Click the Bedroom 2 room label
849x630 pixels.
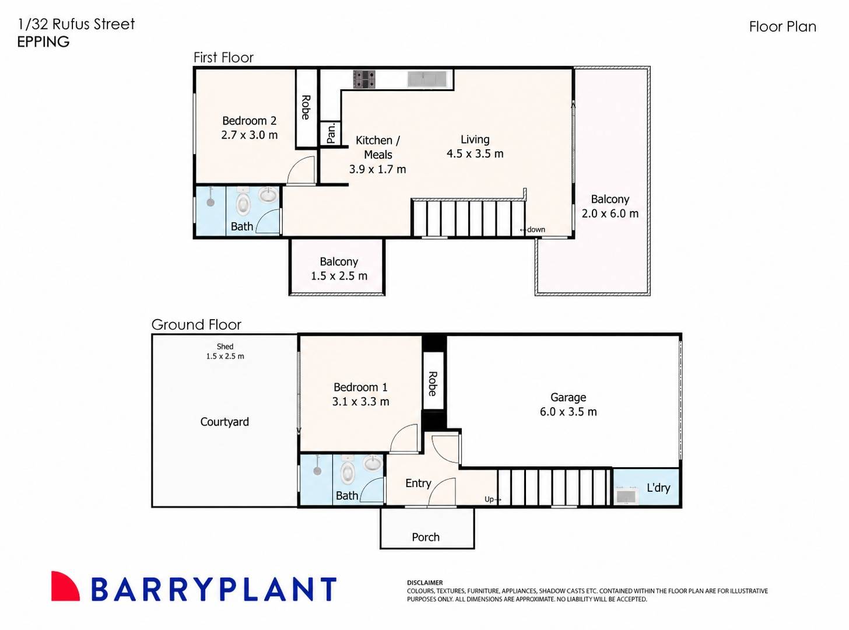(249, 121)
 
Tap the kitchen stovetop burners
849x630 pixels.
(364, 79)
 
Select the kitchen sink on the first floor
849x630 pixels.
(427, 79)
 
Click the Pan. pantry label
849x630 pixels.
(331, 133)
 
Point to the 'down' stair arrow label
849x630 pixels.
(532, 229)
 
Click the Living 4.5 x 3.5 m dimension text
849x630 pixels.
(475, 153)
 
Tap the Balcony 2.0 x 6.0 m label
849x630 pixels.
(610, 206)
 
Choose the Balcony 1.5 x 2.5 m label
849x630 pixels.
(339, 268)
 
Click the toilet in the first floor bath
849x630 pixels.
(243, 201)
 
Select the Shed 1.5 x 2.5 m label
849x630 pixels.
(225, 351)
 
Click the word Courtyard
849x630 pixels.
(224, 422)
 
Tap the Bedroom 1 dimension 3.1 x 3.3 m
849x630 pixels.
(360, 401)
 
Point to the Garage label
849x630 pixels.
(569, 397)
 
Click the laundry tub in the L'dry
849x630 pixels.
(626, 496)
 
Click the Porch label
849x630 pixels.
(426, 537)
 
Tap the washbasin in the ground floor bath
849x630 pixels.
(373, 463)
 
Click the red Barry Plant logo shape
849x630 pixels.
(65, 586)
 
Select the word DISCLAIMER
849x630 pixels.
(425, 583)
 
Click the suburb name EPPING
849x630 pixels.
(43, 42)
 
